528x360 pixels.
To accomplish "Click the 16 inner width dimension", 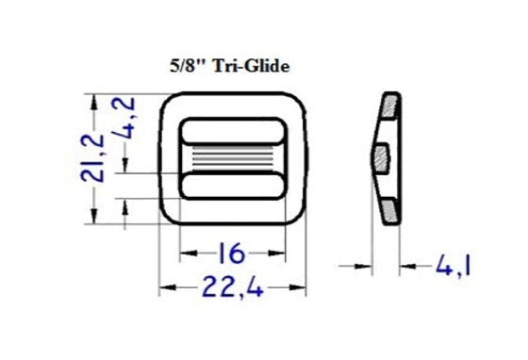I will (232, 252).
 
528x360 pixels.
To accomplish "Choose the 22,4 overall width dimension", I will (232, 286).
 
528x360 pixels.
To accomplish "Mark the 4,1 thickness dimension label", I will (451, 266).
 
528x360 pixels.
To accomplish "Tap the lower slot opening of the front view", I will (232, 187).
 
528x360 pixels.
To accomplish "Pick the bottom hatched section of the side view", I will (389, 209).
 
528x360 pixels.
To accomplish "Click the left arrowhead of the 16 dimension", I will (185, 252).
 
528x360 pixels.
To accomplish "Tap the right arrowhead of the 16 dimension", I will (280, 252).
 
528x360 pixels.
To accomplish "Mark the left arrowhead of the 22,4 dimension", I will (164, 286).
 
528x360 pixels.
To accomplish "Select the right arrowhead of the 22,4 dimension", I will (301, 286).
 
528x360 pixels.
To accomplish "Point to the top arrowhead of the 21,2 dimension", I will (92, 99).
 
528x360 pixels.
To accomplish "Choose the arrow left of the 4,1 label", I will (404, 266).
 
